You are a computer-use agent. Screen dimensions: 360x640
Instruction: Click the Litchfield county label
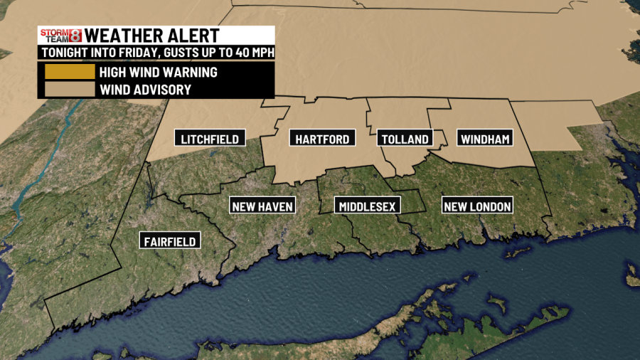(210, 138)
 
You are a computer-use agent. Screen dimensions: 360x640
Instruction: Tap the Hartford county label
(322, 138)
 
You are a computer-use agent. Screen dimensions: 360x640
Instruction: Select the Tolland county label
(405, 139)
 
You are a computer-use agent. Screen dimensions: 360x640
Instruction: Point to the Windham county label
(485, 139)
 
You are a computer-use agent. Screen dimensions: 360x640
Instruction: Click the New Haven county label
(262, 206)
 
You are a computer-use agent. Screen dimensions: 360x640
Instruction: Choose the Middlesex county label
(368, 206)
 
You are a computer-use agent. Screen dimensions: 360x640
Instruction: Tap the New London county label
(477, 206)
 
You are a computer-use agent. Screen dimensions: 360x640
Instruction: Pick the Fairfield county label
(169, 240)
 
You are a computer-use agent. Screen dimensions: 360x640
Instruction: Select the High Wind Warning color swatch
(69, 72)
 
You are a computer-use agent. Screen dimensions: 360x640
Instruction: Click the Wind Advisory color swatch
(69, 90)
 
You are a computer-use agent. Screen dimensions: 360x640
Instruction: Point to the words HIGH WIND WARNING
(158, 72)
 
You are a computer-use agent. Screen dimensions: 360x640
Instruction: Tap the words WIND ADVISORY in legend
(145, 90)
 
